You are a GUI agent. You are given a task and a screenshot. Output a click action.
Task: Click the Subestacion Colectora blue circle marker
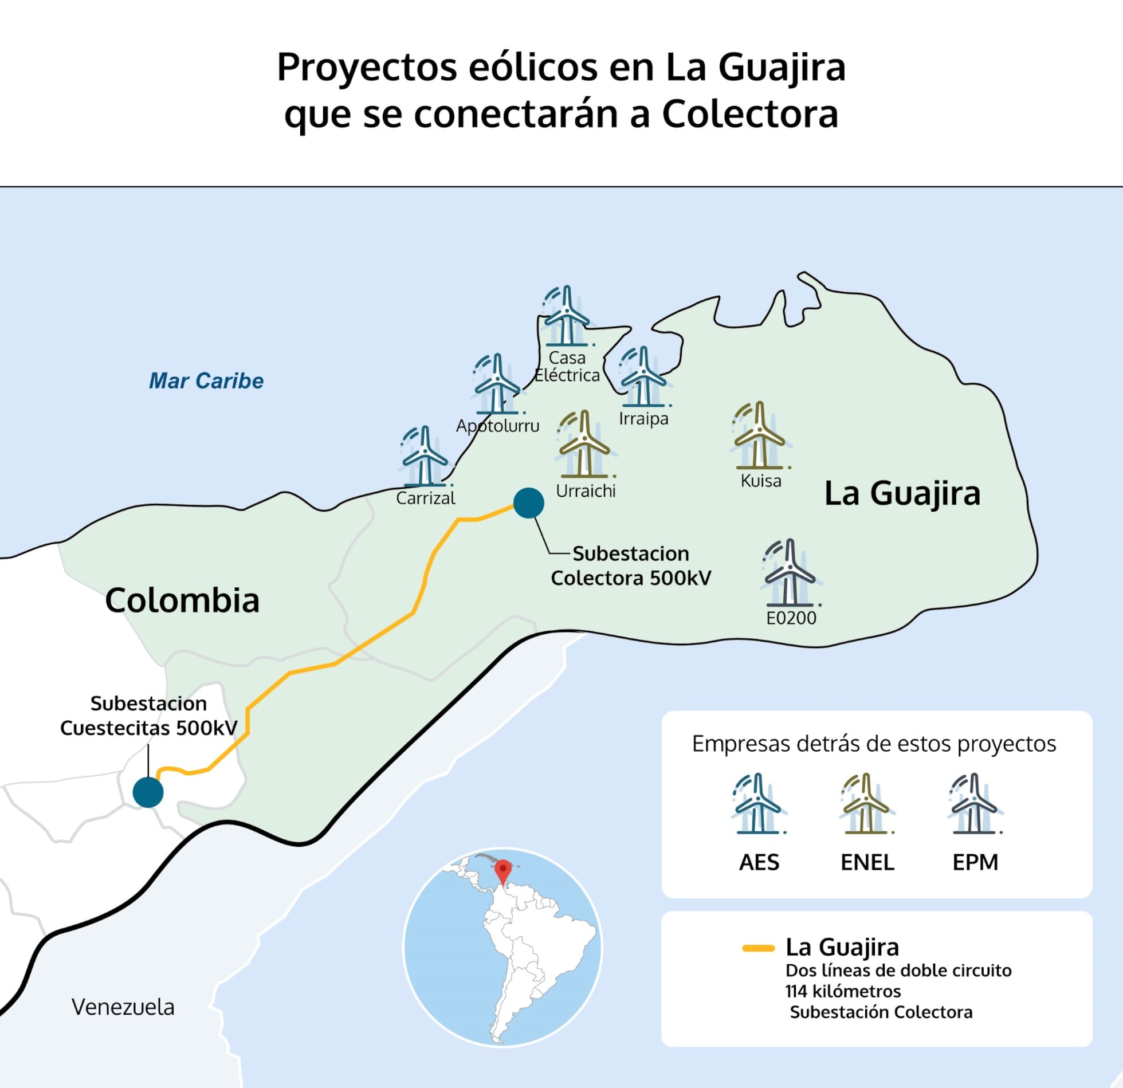click(528, 502)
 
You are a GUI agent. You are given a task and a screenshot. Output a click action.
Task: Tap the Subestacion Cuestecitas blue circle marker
click(148, 792)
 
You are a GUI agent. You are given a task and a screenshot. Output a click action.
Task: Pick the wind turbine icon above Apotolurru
click(497, 384)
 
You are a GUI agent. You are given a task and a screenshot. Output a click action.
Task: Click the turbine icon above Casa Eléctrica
click(567, 316)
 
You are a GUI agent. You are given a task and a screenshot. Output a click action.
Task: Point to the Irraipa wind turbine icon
click(643, 377)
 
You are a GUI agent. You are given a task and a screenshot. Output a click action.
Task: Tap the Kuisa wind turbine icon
click(760, 435)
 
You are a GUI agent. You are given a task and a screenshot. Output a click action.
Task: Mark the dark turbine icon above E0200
click(790, 573)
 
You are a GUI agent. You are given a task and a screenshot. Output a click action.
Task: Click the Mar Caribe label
click(206, 381)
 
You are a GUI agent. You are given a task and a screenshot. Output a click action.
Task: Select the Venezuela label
click(123, 1007)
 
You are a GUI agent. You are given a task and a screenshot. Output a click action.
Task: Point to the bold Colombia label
click(182, 600)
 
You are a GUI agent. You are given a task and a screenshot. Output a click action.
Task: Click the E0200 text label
click(791, 618)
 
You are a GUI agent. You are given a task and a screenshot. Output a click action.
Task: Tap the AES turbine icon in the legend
click(758, 804)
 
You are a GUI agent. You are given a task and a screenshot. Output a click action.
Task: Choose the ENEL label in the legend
click(867, 862)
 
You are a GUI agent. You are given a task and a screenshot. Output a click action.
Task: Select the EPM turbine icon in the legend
click(975, 804)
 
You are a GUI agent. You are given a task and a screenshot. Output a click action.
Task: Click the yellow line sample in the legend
click(758, 948)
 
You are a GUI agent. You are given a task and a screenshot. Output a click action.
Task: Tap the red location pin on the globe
click(502, 869)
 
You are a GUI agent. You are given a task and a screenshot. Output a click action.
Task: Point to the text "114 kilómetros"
click(843, 991)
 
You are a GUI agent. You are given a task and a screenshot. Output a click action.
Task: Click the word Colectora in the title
click(750, 113)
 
